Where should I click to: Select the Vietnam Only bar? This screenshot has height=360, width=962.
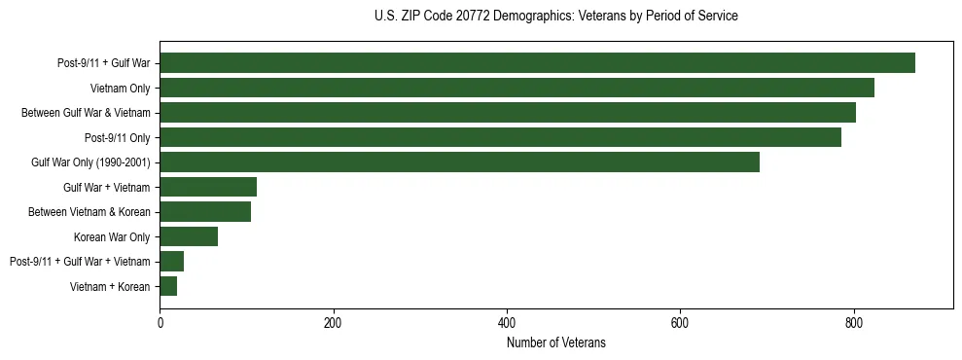point(517,88)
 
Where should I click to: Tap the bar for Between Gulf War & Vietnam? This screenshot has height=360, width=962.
point(508,113)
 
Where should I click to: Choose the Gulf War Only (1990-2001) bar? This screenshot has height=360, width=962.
point(459,162)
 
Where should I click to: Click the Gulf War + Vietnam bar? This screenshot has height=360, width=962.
point(208,187)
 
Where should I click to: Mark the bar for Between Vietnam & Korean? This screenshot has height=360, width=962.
point(205,212)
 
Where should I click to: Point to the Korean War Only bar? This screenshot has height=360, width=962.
point(189,236)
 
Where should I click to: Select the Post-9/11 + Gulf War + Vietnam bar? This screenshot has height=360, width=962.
point(171,261)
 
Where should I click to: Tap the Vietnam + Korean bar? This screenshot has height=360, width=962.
point(168,286)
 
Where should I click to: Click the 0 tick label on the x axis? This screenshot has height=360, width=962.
point(160,324)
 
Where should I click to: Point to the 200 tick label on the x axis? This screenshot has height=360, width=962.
point(333,324)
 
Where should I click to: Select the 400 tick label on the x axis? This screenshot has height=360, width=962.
point(507,324)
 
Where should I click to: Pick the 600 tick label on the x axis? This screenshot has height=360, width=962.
point(680,324)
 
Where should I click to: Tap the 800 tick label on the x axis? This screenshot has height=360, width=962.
point(853,324)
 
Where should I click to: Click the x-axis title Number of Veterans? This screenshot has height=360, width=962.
point(555,342)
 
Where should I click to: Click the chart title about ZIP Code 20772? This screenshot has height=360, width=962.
point(555,17)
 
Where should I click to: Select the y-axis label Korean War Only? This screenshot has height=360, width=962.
point(112,236)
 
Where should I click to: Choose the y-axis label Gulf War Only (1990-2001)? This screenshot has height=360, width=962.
point(90,162)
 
